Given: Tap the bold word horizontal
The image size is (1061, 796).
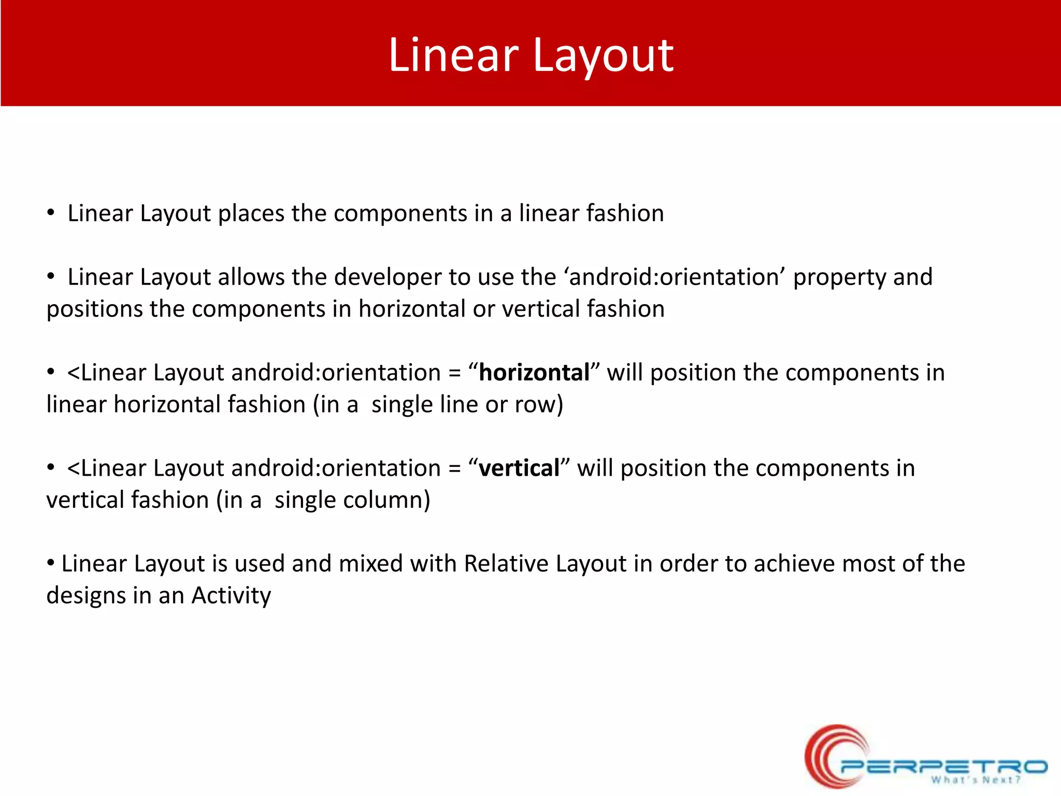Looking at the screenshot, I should [x=534, y=373].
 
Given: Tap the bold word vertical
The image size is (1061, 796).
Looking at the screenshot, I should [x=519, y=468].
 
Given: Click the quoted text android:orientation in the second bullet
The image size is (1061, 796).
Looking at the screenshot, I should [x=677, y=277].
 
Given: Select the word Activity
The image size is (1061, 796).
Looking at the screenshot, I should [x=231, y=596].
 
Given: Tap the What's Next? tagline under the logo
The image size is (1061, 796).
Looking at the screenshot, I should [x=976, y=780].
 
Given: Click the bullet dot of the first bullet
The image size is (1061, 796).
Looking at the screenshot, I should [x=50, y=213].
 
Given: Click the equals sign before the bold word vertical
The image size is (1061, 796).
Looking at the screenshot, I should [x=454, y=469].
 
